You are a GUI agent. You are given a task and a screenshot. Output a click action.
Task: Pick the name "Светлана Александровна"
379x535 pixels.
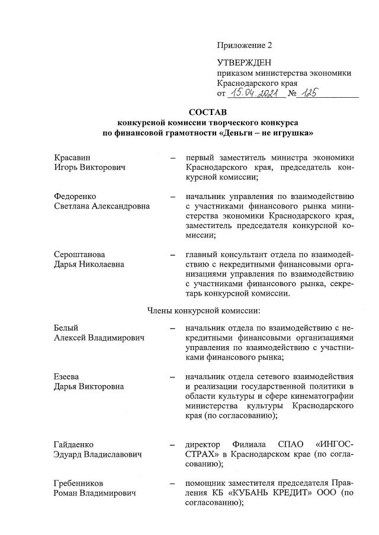coord(101,206)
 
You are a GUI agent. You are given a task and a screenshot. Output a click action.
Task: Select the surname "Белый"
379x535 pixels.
coord(66,328)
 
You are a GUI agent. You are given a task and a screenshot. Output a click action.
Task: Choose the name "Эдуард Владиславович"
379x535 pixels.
coord(98,454)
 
